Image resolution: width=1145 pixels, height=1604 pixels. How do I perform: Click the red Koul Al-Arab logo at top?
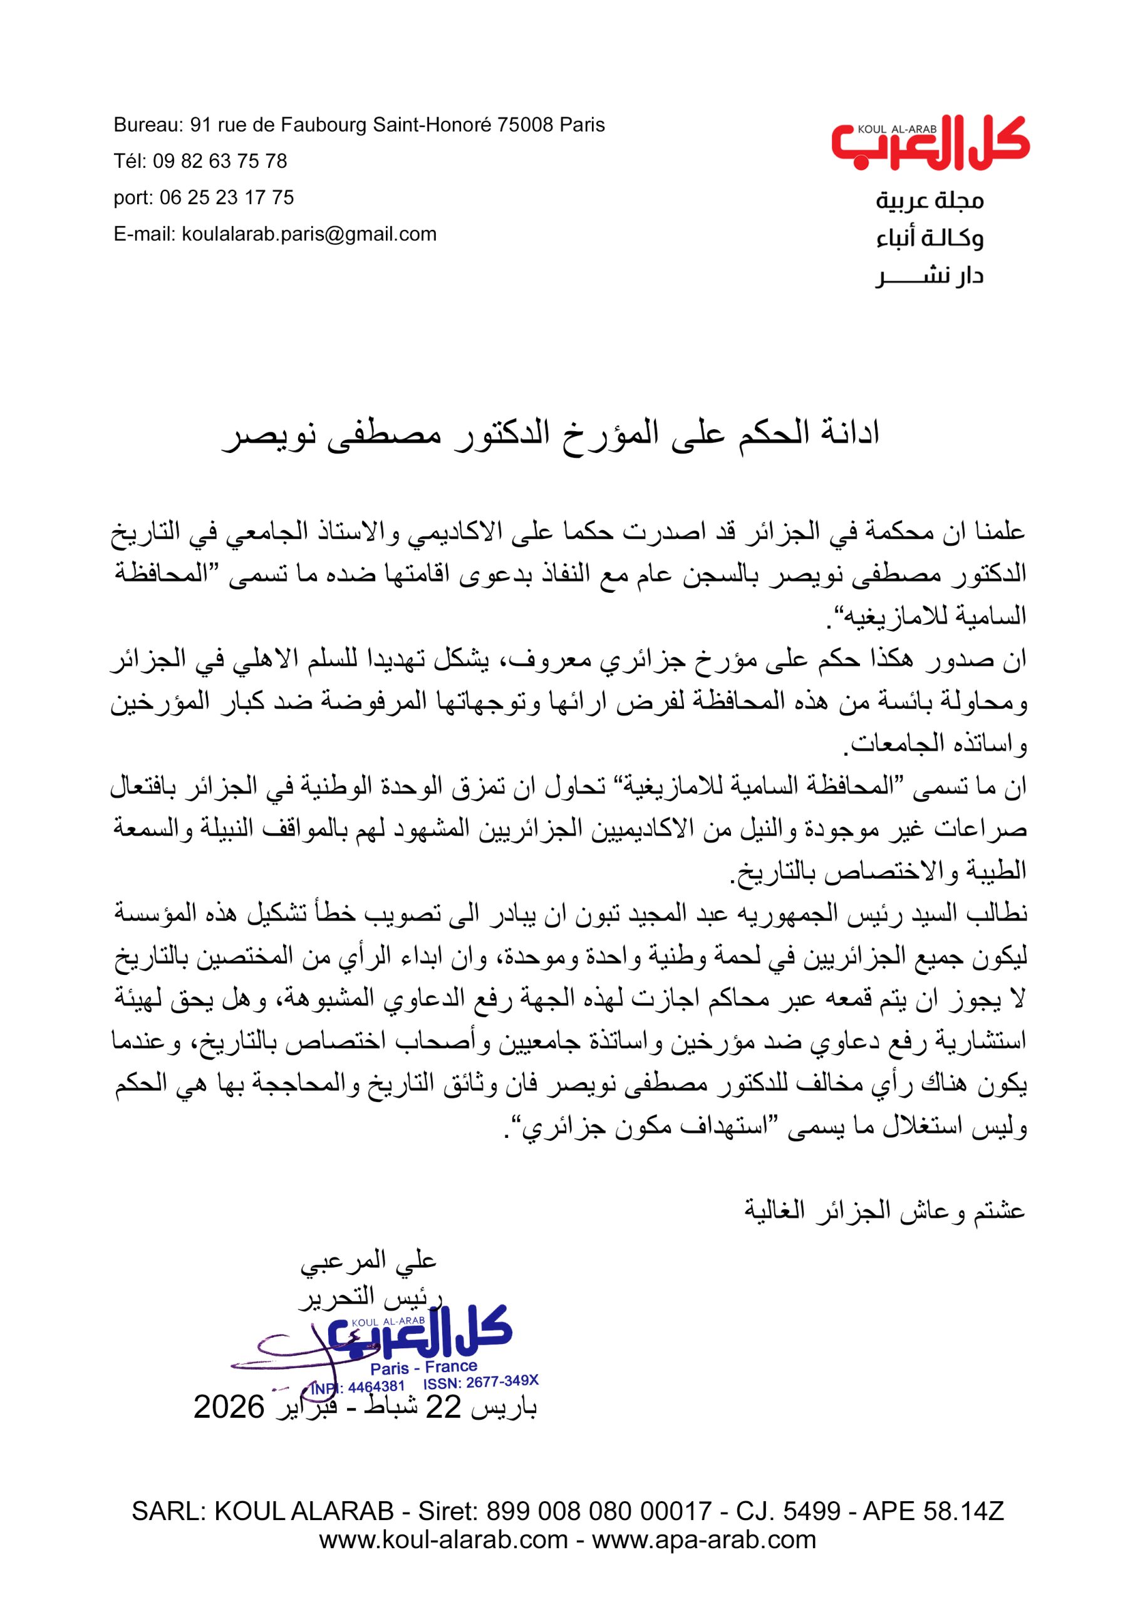coord(930,145)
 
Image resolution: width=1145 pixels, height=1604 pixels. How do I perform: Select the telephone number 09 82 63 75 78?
coord(220,162)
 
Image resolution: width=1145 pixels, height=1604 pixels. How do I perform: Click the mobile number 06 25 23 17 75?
coord(226,197)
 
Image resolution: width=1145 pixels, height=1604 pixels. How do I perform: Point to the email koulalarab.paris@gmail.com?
coord(309,234)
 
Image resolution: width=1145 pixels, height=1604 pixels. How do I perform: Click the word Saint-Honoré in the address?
coord(432,125)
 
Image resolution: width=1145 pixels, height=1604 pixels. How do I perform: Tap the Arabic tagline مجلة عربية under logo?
coord(930,202)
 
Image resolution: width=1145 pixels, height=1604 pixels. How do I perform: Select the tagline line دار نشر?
coord(930,276)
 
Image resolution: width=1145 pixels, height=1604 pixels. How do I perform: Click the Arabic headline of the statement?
coord(551,432)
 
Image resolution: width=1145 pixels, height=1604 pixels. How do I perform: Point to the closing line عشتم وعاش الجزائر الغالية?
coord(884,1211)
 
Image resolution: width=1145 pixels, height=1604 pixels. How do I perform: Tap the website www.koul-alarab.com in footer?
coord(443,1559)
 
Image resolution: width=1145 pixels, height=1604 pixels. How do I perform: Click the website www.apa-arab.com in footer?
coord(703,1559)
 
